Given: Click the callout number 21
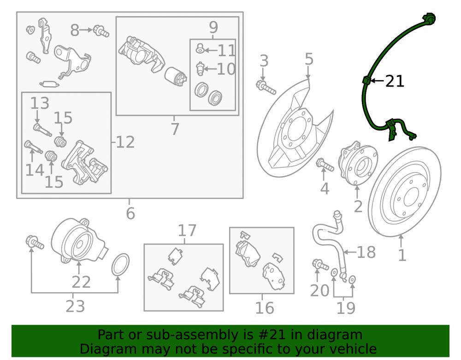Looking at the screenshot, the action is pyautogui.click(x=395, y=81).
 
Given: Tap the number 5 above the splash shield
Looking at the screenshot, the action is pyautogui.click(x=309, y=59).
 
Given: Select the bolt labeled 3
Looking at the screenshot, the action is pyautogui.click(x=266, y=87).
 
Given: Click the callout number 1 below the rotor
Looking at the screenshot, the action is pyautogui.click(x=402, y=255).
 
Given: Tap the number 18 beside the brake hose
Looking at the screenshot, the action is pyautogui.click(x=366, y=252).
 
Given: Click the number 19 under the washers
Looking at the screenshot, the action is pyautogui.click(x=346, y=308).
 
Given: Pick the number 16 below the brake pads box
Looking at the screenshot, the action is pyautogui.click(x=265, y=308).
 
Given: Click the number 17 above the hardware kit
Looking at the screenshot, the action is pyautogui.click(x=187, y=230).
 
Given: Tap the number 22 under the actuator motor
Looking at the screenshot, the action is pyautogui.click(x=81, y=282).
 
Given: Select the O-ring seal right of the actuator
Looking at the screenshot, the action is pyautogui.click(x=120, y=265).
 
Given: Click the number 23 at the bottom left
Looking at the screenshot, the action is pyautogui.click(x=75, y=306).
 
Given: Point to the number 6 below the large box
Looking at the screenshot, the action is pyautogui.click(x=130, y=213).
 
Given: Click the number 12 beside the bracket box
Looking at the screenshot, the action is pyautogui.click(x=125, y=142).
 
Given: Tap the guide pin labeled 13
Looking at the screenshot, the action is pyautogui.click(x=42, y=130).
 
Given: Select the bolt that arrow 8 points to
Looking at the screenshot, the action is pyautogui.click(x=101, y=31).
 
